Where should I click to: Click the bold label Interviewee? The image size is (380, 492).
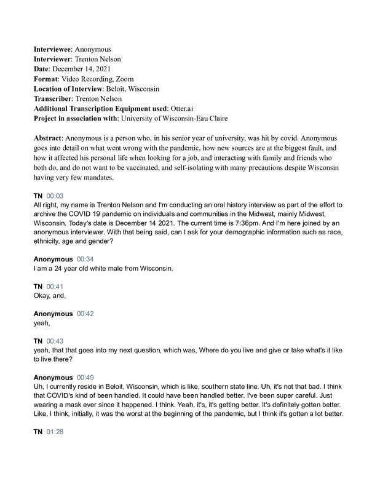tap(52, 49)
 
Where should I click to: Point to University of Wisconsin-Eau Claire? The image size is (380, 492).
tap(192, 117)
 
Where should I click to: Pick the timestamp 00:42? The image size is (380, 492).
tap(87, 314)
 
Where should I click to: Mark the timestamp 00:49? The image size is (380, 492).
tap(87, 378)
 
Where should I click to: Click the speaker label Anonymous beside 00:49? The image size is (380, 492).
tap(52, 378)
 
